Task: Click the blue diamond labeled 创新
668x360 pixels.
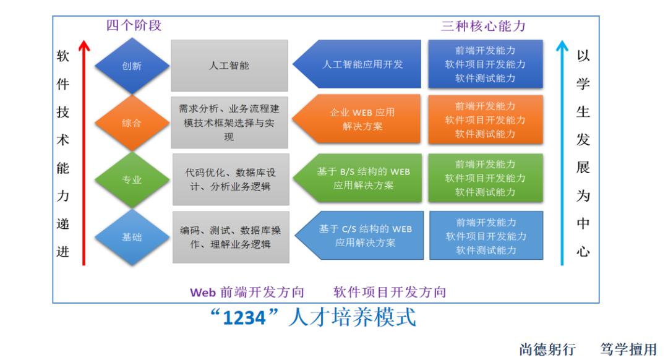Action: tap(132, 66)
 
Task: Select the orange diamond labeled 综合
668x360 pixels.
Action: tap(132, 122)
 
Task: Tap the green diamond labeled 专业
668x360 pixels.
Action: tap(132, 179)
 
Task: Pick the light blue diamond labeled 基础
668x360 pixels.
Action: tap(132, 237)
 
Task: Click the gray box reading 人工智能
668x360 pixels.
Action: tap(229, 66)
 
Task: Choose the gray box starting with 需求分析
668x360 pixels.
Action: tap(229, 122)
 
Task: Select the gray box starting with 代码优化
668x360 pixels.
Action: tap(231, 179)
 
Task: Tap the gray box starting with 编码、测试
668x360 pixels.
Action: tap(231, 237)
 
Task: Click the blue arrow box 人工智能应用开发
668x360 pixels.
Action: tap(357, 64)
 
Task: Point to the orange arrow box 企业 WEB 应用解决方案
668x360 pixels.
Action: tap(357, 119)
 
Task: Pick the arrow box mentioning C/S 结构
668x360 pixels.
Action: tap(359, 236)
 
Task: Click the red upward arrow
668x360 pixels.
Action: tap(84, 153)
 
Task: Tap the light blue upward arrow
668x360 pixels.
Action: tap(562, 153)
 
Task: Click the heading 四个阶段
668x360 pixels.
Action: tap(134, 25)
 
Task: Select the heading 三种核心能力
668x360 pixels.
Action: tap(484, 26)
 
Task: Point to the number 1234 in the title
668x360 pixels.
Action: tap(244, 318)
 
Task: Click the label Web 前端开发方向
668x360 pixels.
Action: tap(247, 292)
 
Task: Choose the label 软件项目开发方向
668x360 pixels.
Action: tap(390, 292)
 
